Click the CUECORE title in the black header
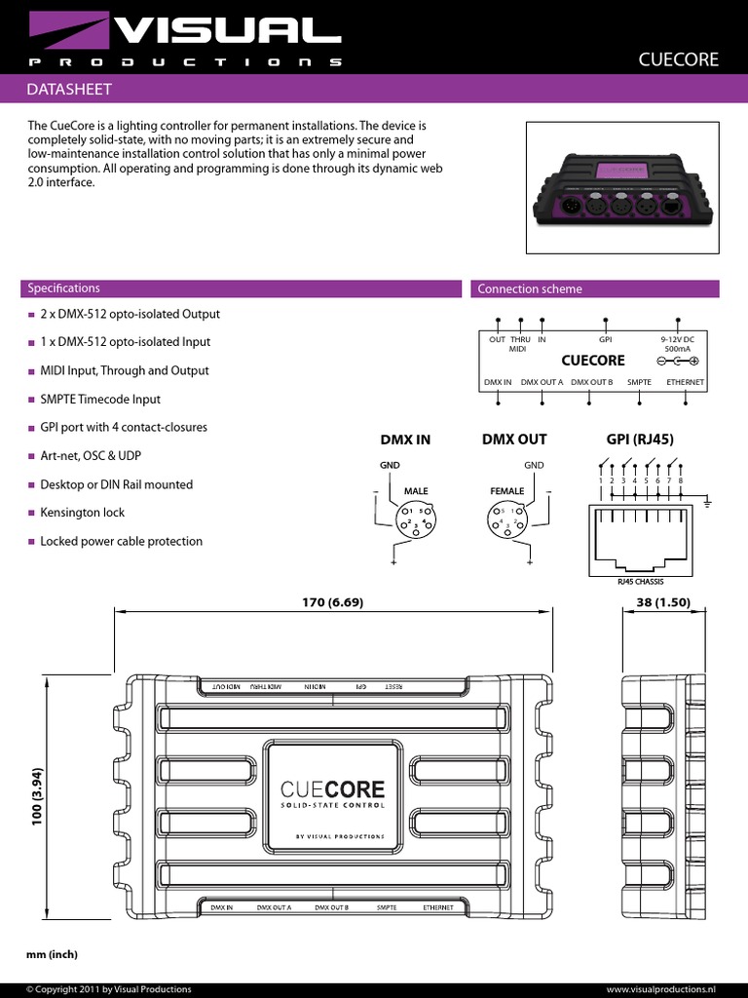[x=678, y=59]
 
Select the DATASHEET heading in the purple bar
[x=70, y=90]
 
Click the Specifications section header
[x=64, y=288]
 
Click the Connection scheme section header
[x=530, y=289]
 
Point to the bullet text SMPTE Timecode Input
[x=100, y=400]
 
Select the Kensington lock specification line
[x=83, y=513]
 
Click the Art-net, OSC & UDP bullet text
[x=102, y=456]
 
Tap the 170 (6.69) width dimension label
[x=332, y=602]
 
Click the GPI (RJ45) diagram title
[x=640, y=440]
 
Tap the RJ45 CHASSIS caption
[x=640, y=582]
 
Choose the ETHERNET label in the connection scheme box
[x=685, y=382]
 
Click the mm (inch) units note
[x=52, y=954]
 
